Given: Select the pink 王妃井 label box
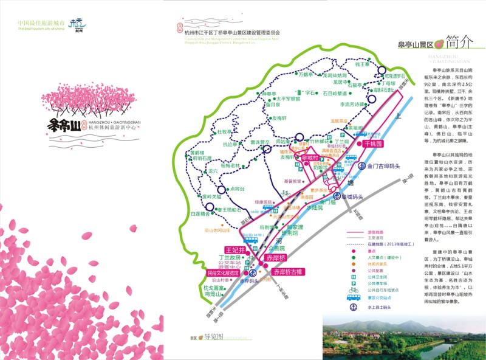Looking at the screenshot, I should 235,250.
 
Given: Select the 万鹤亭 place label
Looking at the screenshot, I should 310,75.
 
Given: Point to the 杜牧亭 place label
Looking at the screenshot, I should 225,132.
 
